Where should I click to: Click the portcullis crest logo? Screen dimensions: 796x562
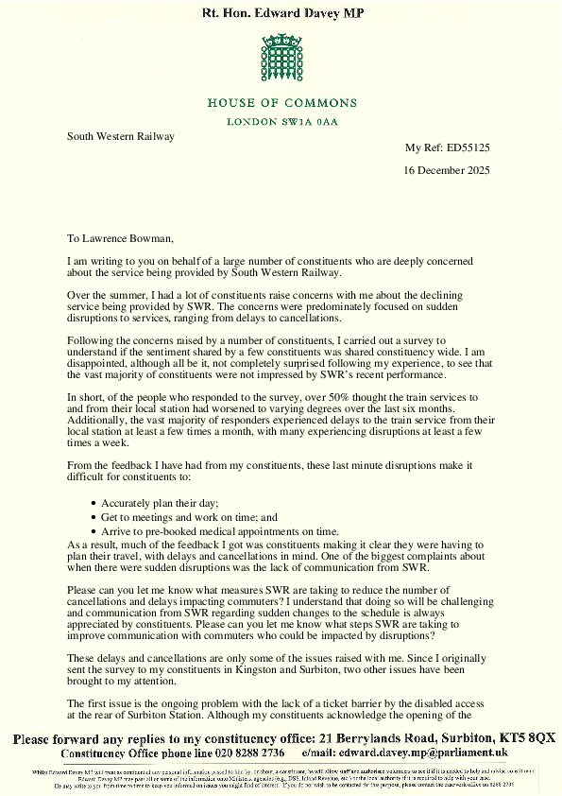[281, 60]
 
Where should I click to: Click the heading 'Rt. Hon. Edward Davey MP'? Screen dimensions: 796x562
[281, 13]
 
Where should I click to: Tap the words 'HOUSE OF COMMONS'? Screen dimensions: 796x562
[281, 103]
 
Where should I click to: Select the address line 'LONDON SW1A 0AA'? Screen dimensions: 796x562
[281, 122]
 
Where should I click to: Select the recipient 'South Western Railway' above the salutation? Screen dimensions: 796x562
[121, 136]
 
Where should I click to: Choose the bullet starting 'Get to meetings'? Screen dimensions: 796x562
[190, 518]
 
